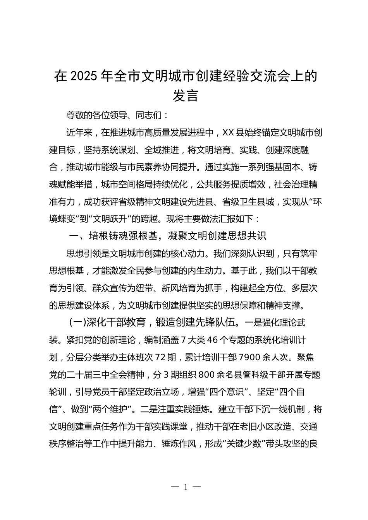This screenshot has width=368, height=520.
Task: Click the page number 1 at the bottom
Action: click(185, 487)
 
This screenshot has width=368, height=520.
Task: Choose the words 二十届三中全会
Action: click(97, 375)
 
